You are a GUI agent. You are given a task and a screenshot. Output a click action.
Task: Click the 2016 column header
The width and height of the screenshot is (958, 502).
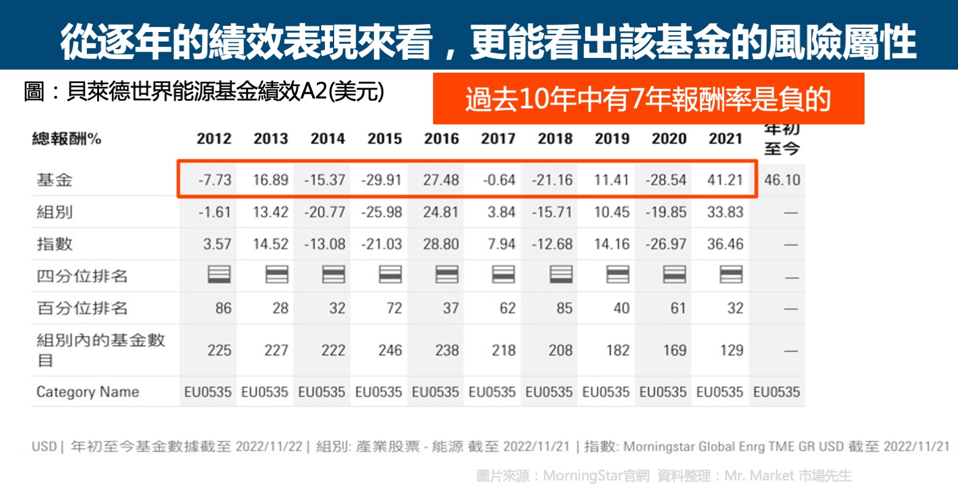pos(441,139)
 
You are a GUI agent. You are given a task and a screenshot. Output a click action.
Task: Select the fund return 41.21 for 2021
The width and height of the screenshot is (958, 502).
pos(725,180)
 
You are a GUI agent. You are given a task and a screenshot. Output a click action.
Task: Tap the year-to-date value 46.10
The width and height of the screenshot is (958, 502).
pos(782,180)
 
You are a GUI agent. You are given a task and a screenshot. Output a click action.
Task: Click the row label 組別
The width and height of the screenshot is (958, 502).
pos(55,212)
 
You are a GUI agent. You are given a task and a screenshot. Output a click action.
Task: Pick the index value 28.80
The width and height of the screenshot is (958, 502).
pos(441,244)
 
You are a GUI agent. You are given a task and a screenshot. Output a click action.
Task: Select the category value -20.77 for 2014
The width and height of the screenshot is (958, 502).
pos(325,212)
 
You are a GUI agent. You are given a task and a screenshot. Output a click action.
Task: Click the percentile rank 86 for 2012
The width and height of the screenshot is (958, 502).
pos(223,308)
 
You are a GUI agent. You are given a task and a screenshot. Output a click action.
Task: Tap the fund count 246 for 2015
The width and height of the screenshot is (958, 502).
pos(390,350)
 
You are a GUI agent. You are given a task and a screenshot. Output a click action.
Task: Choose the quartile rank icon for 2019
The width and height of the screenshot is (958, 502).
pos(617,274)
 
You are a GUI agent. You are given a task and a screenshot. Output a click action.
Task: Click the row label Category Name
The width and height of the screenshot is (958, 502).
pos(87,392)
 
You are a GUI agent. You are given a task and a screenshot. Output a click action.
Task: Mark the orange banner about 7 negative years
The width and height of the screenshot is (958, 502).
pos(648,99)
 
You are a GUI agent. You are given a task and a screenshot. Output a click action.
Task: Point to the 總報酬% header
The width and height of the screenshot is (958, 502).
pos(66,139)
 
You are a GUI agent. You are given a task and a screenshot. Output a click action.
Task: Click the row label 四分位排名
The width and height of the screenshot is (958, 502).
pos(82,276)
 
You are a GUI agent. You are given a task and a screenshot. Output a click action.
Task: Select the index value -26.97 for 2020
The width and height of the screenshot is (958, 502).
pos(666,244)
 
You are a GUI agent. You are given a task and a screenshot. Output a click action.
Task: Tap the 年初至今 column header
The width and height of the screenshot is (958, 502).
pos(782,139)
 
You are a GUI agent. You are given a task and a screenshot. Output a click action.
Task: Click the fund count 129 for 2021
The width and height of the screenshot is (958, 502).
pos(732,350)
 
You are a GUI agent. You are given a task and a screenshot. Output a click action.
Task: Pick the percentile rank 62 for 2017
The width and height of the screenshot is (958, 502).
pos(508,308)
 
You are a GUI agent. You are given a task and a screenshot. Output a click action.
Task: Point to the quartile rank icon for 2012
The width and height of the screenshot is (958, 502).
pos(219,274)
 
